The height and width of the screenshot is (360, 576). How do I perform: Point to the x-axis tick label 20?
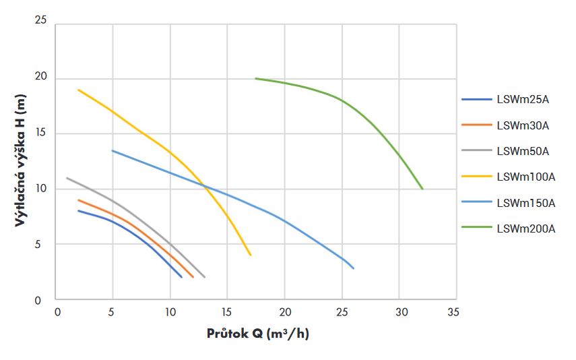coord(284,312)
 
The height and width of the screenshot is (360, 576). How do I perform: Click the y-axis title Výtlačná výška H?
coord(20,160)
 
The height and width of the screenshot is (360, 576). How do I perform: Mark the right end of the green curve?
coord(422,189)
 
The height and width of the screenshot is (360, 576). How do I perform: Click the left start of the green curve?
coord(255,78)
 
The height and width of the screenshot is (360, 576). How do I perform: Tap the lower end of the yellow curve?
coord(251,255)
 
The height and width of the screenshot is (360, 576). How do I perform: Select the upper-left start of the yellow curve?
coord(78,89)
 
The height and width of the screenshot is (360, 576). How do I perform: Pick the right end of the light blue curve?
coord(354,268)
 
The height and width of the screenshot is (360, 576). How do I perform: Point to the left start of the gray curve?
coord(67,178)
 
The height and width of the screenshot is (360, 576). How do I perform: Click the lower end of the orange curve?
coord(193,277)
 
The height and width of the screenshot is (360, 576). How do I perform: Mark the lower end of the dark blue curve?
coord(182,277)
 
